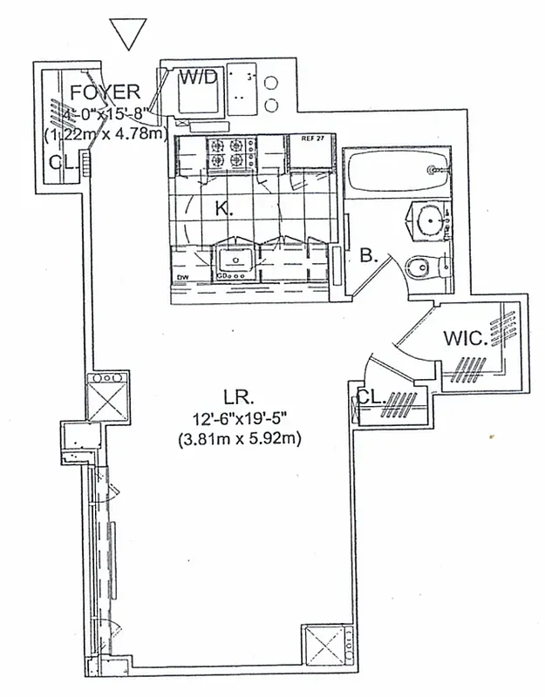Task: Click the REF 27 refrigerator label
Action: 313,139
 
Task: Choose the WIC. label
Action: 465,337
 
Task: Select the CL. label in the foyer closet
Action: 62,161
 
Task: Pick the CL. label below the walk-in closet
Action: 371,397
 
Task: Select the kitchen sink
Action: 235,260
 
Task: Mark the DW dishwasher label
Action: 183,279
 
